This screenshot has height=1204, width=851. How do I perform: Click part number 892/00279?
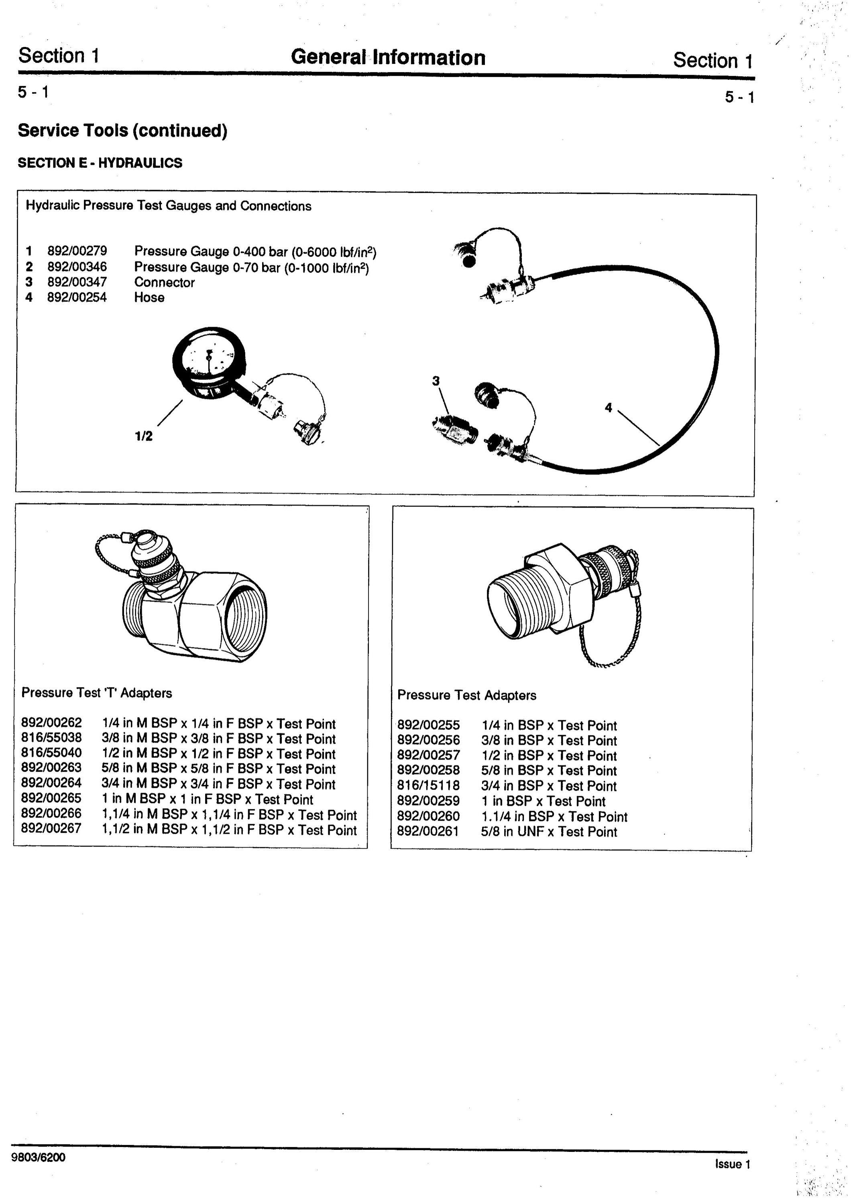(77, 251)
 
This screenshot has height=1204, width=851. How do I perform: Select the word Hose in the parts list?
(149, 297)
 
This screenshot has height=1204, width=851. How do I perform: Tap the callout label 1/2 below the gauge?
(144, 436)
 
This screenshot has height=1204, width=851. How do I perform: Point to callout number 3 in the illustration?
(436, 381)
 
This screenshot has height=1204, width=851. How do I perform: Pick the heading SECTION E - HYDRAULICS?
(100, 163)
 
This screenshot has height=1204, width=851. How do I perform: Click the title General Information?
(388, 57)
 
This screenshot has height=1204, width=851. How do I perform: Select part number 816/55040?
(51, 753)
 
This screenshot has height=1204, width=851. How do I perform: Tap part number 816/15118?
(428, 785)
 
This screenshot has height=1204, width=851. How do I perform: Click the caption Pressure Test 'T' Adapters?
(96, 693)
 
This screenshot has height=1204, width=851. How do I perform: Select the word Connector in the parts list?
(165, 282)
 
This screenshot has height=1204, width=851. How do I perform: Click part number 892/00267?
(51, 830)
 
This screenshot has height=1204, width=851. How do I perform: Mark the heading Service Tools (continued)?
(123, 130)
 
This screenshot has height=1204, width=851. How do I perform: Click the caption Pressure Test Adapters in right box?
(467, 696)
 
